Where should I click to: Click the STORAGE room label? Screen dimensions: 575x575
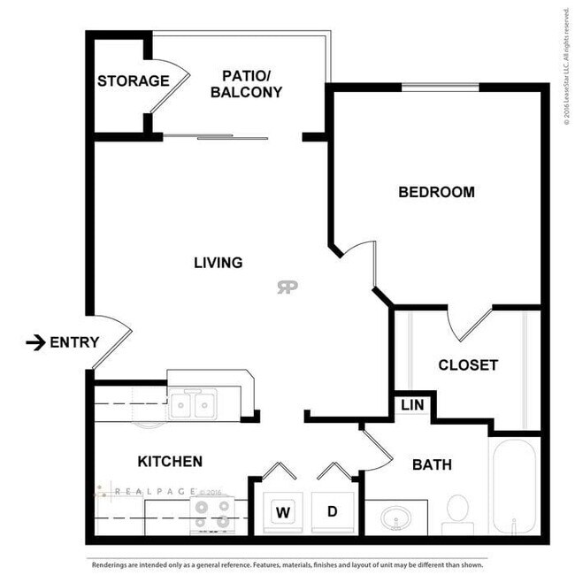click(x=133, y=81)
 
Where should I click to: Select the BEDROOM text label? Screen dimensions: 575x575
click(x=436, y=192)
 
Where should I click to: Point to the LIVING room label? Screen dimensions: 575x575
click(x=218, y=263)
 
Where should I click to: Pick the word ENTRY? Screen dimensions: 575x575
click(x=74, y=342)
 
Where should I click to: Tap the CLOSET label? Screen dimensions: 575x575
click(x=468, y=364)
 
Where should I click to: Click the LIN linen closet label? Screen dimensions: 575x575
click(x=411, y=404)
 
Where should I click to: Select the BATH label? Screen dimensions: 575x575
click(x=432, y=464)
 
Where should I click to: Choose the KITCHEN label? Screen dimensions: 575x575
click(x=171, y=462)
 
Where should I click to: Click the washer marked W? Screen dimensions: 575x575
click(x=283, y=511)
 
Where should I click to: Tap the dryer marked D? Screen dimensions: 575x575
click(x=333, y=511)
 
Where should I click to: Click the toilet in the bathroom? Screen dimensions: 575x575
click(x=457, y=511)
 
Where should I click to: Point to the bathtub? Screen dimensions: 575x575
click(x=512, y=487)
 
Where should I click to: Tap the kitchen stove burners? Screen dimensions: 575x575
click(x=211, y=513)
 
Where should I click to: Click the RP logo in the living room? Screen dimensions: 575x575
click(x=287, y=287)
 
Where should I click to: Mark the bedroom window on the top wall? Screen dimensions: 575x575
click(x=441, y=87)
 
